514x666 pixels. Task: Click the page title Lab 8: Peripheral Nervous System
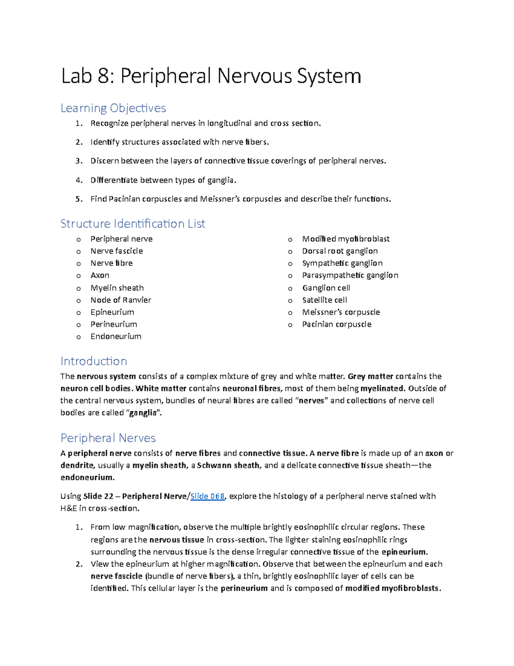click(x=211, y=76)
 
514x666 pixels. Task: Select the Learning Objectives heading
click(x=113, y=108)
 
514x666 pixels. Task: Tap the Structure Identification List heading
click(x=133, y=224)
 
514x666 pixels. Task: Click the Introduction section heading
click(x=94, y=361)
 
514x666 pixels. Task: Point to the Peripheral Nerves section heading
click(x=108, y=438)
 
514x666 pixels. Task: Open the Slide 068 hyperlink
click(x=207, y=496)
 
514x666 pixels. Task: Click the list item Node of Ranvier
click(x=121, y=300)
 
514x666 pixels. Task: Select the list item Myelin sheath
click(x=117, y=288)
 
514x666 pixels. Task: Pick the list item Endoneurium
click(x=116, y=337)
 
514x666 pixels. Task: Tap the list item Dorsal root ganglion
click(x=340, y=251)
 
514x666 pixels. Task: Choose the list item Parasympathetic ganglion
click(x=350, y=275)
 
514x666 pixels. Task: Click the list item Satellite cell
click(x=324, y=300)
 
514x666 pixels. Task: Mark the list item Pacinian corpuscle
click(x=337, y=325)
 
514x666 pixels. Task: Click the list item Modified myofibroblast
click(x=346, y=239)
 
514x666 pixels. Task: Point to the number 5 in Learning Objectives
click(x=78, y=199)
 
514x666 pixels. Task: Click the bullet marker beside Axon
click(x=78, y=276)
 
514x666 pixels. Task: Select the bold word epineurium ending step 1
click(x=404, y=552)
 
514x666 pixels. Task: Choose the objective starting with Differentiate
click(x=163, y=180)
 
